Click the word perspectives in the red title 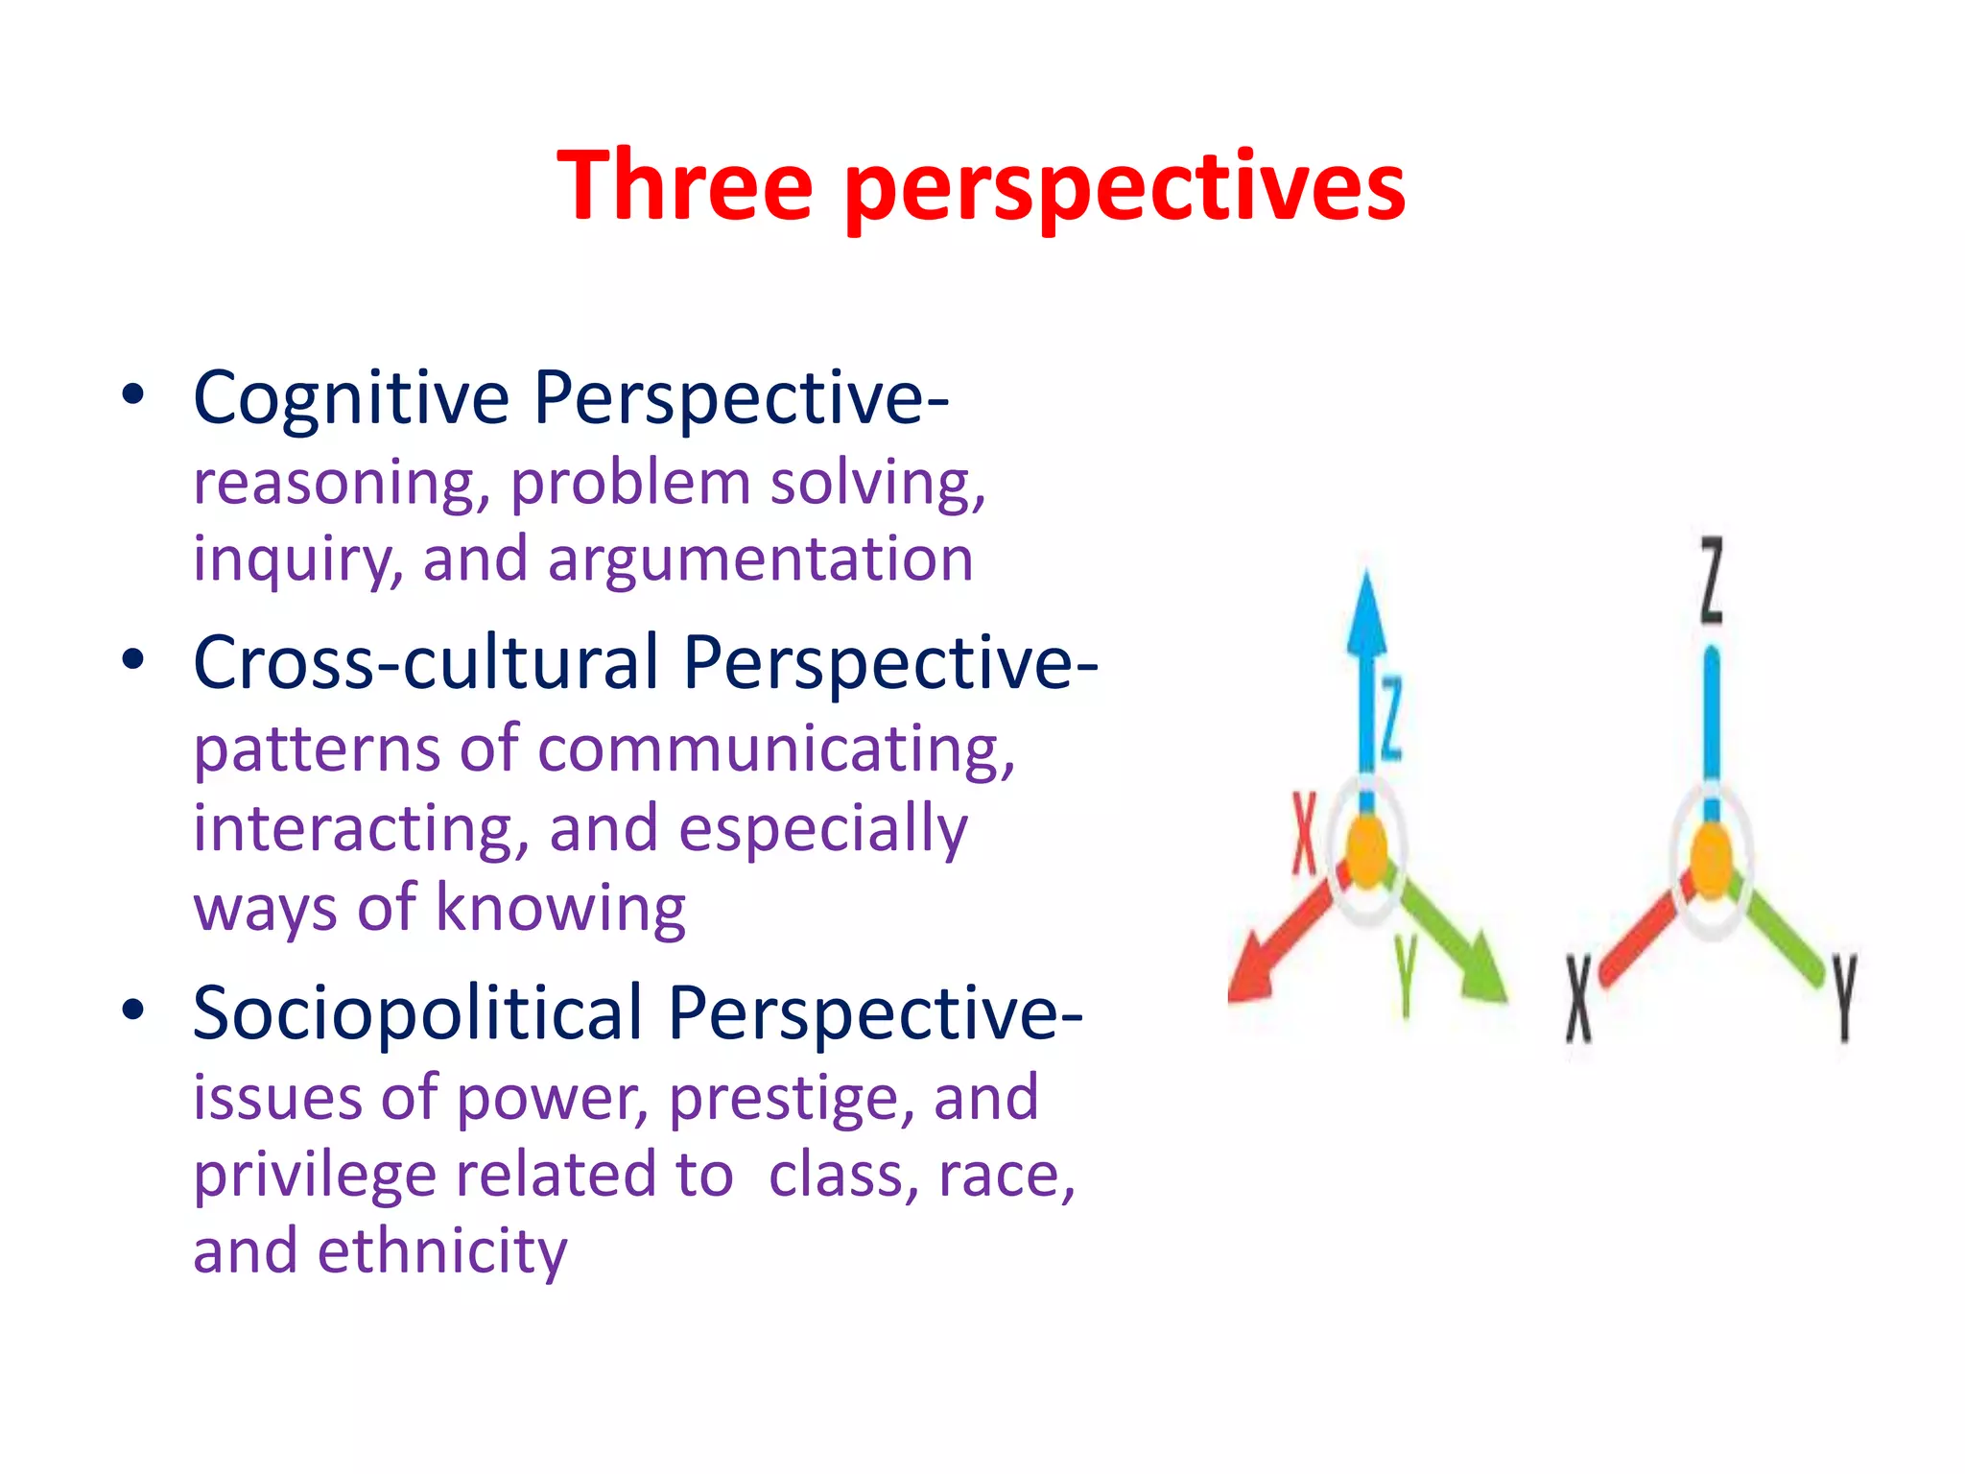pyautogui.click(x=1125, y=188)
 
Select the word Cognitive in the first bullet pyautogui.click(x=351, y=397)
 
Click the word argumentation pyautogui.click(x=761, y=559)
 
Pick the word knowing pyautogui.click(x=561, y=907)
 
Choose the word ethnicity pyautogui.click(x=442, y=1251)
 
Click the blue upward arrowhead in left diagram pyautogui.click(x=1366, y=614)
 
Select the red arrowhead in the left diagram pyautogui.click(x=1252, y=974)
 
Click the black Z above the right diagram pyautogui.click(x=1712, y=581)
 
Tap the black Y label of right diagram pyautogui.click(x=1844, y=998)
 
